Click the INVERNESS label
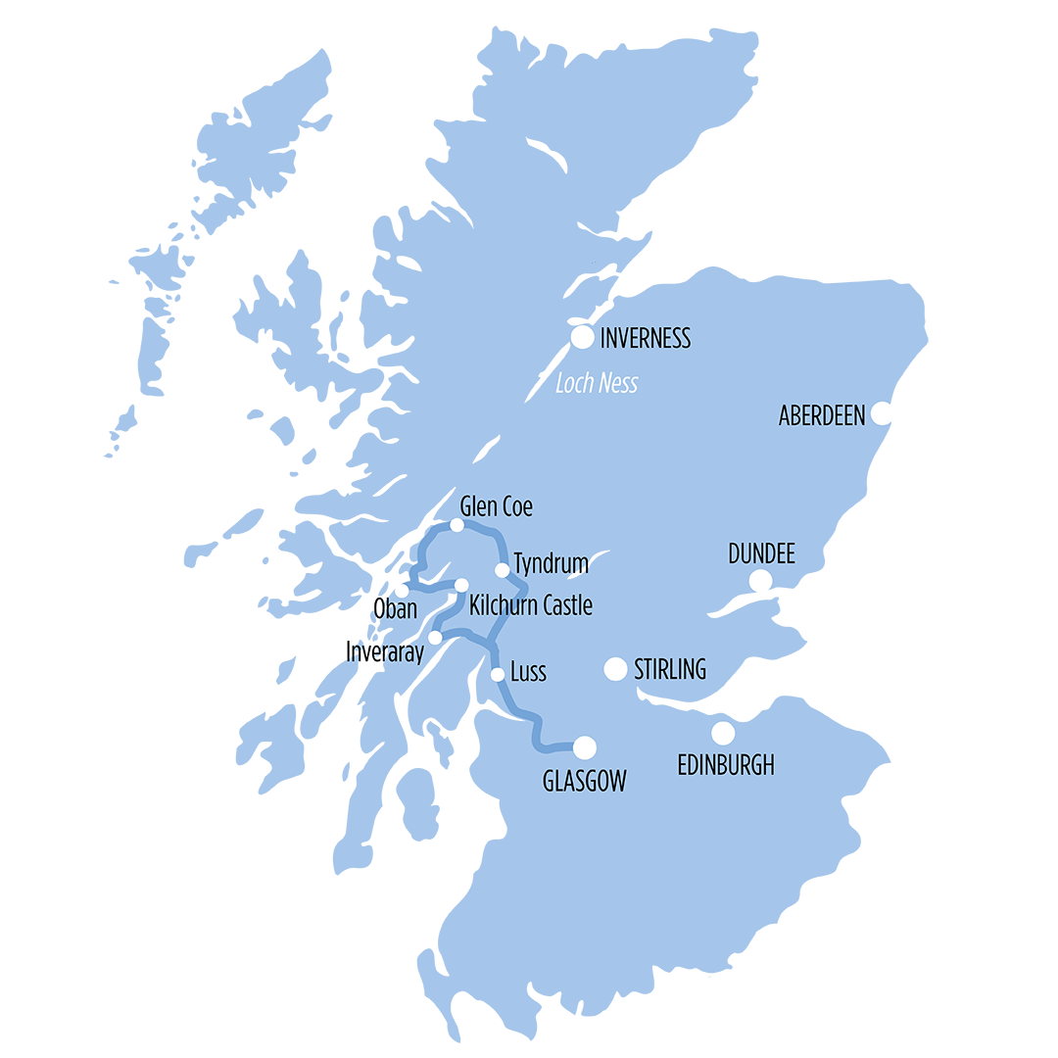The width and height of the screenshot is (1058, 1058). pyautogui.click(x=645, y=339)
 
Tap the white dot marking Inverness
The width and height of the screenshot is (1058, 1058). pyautogui.click(x=583, y=338)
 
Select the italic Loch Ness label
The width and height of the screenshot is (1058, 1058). pyautogui.click(x=596, y=383)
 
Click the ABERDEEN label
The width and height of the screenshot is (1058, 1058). pyautogui.click(x=822, y=415)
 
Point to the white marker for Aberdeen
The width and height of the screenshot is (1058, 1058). pyautogui.click(x=882, y=413)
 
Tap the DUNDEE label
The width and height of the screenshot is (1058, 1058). pyautogui.click(x=761, y=554)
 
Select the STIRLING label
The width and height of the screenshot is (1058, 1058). pyautogui.click(x=670, y=670)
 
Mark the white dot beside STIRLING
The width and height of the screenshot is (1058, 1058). pyautogui.click(x=615, y=669)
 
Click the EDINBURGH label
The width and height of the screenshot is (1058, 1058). pyautogui.click(x=726, y=765)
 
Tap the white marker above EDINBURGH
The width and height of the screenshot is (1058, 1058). pyautogui.click(x=723, y=733)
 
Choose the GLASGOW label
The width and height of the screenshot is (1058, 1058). pyautogui.click(x=584, y=781)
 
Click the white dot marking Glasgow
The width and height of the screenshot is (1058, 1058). pyautogui.click(x=584, y=747)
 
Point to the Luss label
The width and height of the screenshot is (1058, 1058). pyautogui.click(x=528, y=672)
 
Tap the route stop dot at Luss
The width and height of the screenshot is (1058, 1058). pyautogui.click(x=498, y=674)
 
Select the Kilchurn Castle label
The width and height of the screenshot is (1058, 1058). pyautogui.click(x=531, y=605)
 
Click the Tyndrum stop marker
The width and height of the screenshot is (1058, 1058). pyautogui.click(x=502, y=570)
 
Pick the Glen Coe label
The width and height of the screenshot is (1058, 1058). pyautogui.click(x=497, y=506)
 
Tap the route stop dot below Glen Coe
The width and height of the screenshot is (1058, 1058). pyautogui.click(x=457, y=526)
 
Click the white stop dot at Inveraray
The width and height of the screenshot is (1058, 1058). pyautogui.click(x=435, y=638)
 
